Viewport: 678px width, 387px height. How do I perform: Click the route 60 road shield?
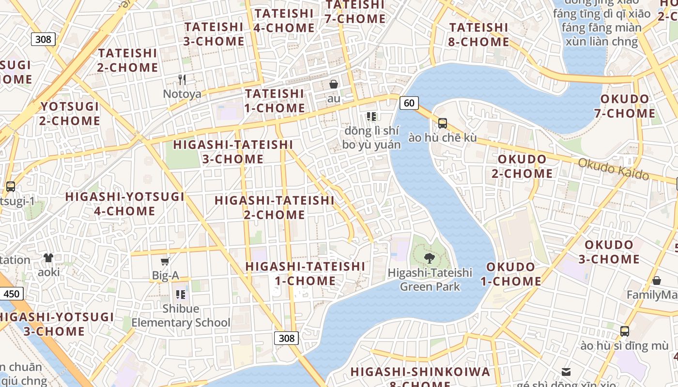pos(409,103)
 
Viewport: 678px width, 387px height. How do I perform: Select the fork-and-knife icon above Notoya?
pos(182,79)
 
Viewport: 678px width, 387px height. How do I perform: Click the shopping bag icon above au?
pos(334,84)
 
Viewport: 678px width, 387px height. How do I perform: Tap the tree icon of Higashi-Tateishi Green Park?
pos(429,258)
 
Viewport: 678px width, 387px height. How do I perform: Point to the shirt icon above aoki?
pos(48,258)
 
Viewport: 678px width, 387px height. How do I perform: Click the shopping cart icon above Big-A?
pos(165,262)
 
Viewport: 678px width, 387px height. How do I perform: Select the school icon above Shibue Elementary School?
pos(181,294)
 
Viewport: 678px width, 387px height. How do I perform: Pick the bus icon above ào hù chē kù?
pos(442,123)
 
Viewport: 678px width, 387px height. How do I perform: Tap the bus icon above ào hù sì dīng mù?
pos(625,331)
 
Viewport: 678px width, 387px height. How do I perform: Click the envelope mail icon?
pos(566,372)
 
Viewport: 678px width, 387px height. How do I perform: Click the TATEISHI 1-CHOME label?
pos(275,101)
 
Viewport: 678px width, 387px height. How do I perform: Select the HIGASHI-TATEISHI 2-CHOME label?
pos(275,207)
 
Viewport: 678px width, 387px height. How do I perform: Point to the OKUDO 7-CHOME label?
pos(628,106)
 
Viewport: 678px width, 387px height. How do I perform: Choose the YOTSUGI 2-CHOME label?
pos(70,113)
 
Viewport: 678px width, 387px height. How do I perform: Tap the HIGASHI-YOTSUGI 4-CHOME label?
pos(124,204)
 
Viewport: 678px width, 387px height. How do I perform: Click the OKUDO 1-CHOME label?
pos(514,274)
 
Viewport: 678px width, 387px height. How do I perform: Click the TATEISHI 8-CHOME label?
pos(479,35)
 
